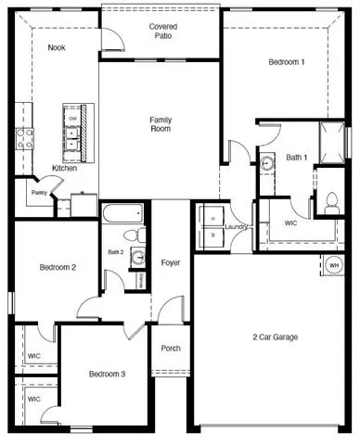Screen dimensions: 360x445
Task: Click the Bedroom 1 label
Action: click(287, 62)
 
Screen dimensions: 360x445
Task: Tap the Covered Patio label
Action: click(163, 32)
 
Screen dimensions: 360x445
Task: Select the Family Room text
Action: click(161, 124)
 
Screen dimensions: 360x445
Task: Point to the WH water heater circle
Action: click(334, 265)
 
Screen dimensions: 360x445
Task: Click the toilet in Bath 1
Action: click(331, 202)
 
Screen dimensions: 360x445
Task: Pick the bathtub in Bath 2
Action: click(122, 213)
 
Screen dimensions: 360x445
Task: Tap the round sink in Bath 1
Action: click(266, 162)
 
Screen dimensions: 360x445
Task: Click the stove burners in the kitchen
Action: click(25, 139)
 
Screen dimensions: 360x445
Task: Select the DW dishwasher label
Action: click(72, 119)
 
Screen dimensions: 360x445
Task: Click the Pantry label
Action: click(39, 193)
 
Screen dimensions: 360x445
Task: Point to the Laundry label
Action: click(237, 227)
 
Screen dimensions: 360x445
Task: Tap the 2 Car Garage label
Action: click(276, 337)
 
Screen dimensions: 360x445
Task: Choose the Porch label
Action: click(171, 349)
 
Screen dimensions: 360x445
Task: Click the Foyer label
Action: click(171, 262)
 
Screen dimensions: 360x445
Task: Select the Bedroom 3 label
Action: click(107, 375)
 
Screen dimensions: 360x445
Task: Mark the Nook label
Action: click(57, 47)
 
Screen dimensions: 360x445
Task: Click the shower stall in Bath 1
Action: click(332, 143)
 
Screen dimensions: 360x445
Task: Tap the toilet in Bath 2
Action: click(135, 235)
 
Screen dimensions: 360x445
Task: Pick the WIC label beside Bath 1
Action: click(290, 222)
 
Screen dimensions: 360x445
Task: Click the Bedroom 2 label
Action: click(58, 267)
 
